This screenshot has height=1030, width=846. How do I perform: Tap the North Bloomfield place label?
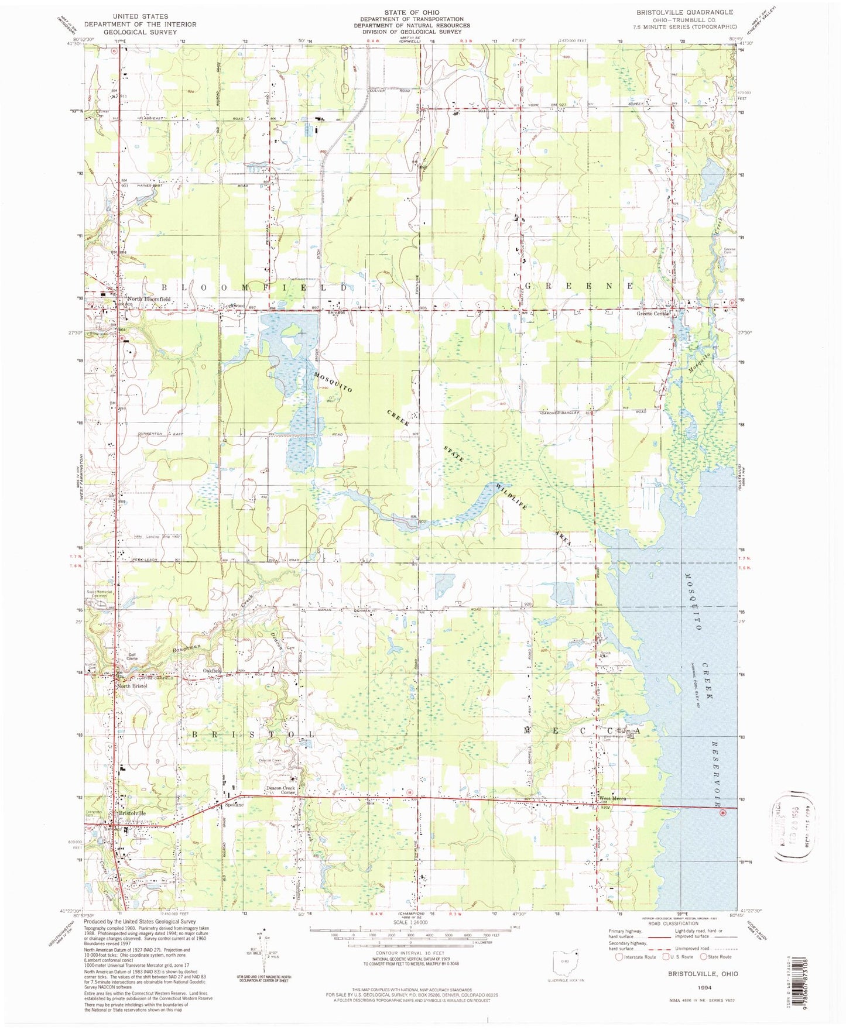tap(149, 299)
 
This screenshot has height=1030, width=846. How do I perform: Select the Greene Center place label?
tap(653, 314)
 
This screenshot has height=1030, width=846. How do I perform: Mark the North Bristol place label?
tap(132, 685)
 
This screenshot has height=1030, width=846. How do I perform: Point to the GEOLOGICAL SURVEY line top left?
tap(140, 32)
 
